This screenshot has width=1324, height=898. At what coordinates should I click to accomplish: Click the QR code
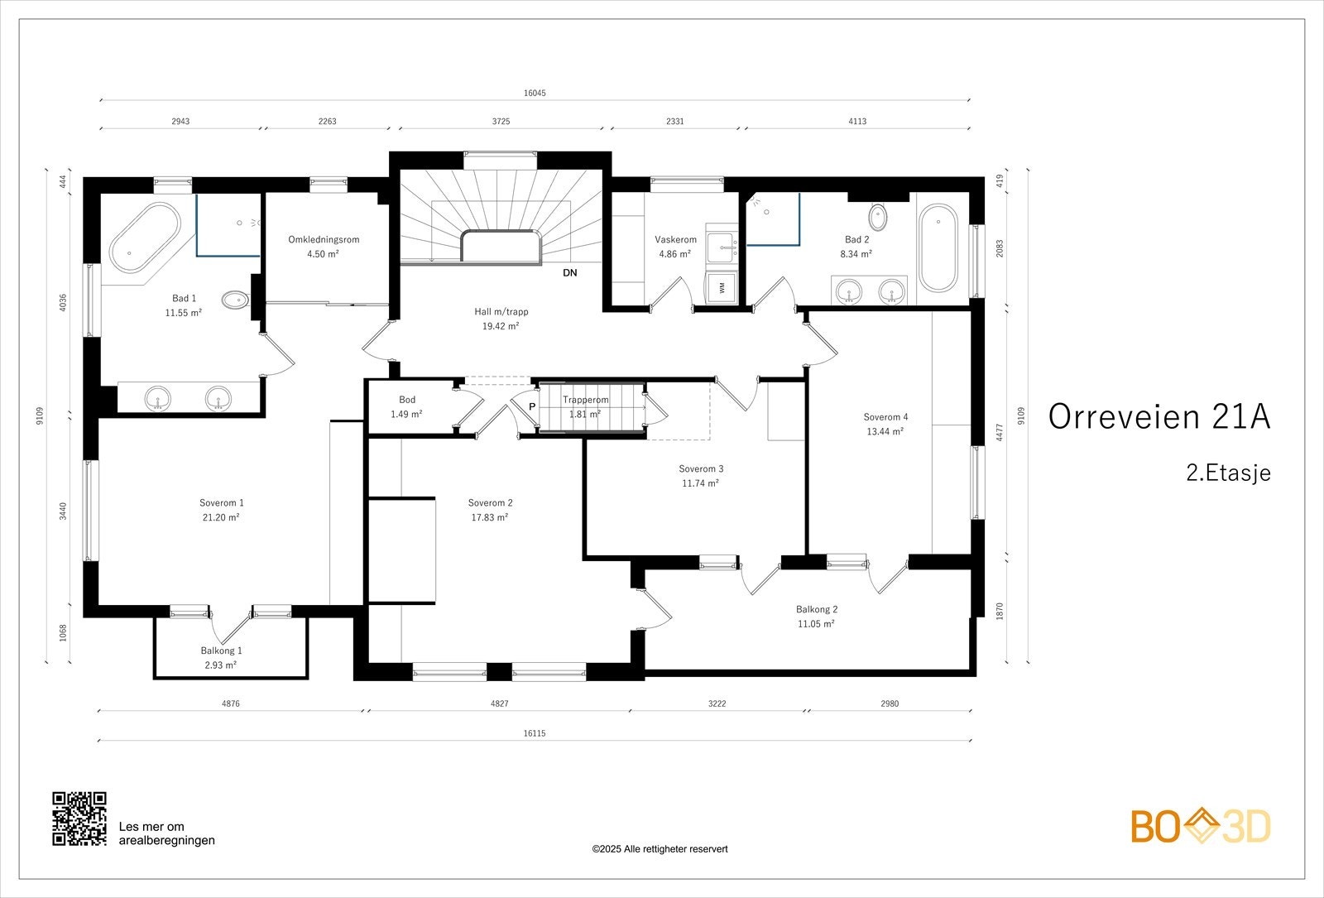pos(79,819)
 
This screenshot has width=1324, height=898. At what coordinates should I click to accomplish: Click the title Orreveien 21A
pos(1159,417)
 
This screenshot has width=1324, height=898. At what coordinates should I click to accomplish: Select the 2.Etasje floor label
pos(1228,473)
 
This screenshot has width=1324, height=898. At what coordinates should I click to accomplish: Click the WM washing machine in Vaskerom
pos(722,288)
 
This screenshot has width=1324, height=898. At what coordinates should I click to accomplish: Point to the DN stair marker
pos(570,273)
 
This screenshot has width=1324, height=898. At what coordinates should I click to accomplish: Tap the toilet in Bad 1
pos(236,300)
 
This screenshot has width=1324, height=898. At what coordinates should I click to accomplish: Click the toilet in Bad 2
pos(878,217)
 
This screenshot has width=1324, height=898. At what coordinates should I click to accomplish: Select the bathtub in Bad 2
pos(938,247)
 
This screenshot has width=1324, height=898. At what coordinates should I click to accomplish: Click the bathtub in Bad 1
pos(146,238)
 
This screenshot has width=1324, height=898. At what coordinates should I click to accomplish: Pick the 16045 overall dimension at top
pos(535,94)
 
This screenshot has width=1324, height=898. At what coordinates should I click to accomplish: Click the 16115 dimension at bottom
pos(535,733)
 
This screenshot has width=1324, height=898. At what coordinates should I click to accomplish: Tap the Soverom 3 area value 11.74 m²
pos(700,483)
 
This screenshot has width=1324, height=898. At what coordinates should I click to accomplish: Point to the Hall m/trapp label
pos(501,311)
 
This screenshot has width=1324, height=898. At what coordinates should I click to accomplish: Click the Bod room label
pos(407,401)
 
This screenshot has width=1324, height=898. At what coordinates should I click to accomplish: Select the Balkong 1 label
pos(221,651)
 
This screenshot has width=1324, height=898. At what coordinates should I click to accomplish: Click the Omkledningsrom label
pos(324,239)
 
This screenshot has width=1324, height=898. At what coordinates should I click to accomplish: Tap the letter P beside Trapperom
pos(532,406)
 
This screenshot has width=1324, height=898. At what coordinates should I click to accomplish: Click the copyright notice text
pos(660,849)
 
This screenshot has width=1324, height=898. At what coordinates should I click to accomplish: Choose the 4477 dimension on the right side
pos(1000,432)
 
